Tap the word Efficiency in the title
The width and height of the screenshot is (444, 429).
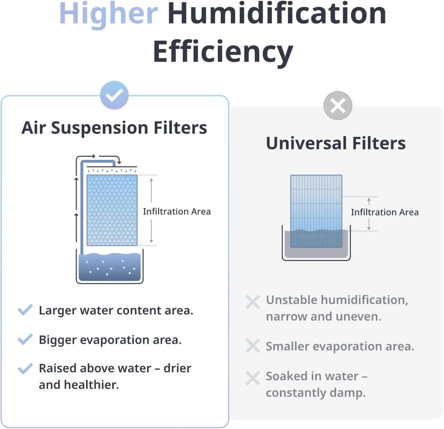point(223,52)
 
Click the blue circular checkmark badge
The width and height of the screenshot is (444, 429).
point(114,95)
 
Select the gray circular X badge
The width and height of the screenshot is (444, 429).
point(337,106)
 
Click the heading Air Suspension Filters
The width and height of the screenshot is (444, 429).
point(114,128)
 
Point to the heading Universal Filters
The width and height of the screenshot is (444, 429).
point(336,143)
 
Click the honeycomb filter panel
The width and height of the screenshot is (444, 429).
point(112,210)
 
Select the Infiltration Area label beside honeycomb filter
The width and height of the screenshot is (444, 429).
point(177,211)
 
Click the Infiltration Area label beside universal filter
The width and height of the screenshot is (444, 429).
point(385,212)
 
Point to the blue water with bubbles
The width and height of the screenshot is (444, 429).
point(110,267)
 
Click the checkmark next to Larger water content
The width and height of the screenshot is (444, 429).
point(25,310)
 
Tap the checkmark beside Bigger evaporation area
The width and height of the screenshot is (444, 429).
point(25,339)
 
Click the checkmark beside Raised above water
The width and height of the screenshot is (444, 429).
point(25,368)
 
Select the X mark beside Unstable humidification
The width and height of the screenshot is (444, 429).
point(253,302)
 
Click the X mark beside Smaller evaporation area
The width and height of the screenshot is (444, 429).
point(253,346)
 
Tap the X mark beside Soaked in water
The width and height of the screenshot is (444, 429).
point(253,378)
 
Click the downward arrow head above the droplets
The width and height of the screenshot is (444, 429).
point(119,162)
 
